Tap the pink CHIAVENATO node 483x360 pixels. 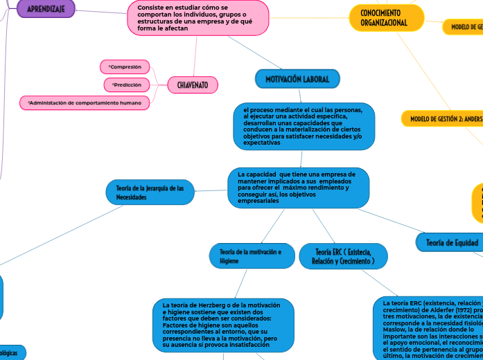click(x=193, y=84)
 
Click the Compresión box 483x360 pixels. click(x=125, y=67)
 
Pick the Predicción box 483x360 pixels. click(x=126, y=84)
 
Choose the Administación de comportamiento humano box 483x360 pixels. click(x=85, y=102)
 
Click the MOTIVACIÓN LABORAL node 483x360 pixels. click(x=297, y=79)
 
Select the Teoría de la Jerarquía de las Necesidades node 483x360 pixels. click(x=150, y=192)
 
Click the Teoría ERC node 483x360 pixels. click(x=344, y=256)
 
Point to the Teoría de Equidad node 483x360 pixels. click(x=448, y=242)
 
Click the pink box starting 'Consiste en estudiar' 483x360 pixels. click(x=197, y=17)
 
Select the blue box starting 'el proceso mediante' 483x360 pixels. click(x=304, y=126)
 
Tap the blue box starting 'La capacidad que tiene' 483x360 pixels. click(x=298, y=187)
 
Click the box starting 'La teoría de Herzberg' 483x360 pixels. click(x=223, y=324)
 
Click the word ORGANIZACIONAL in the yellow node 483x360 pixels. click(x=384, y=24)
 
